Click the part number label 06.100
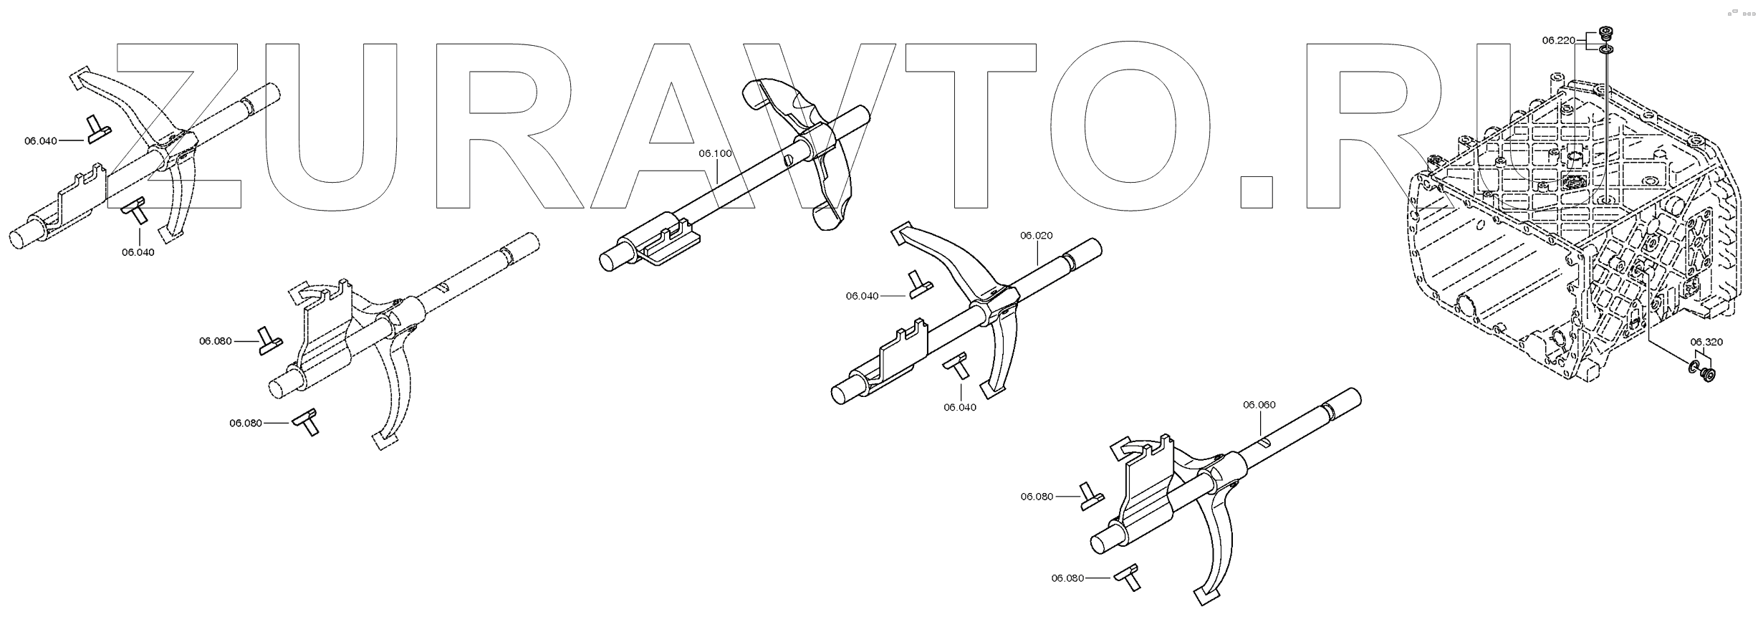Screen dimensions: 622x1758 click(715, 153)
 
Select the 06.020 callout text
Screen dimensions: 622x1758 click(1036, 235)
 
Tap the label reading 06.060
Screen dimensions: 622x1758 click(1259, 405)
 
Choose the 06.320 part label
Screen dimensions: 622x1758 click(1706, 342)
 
